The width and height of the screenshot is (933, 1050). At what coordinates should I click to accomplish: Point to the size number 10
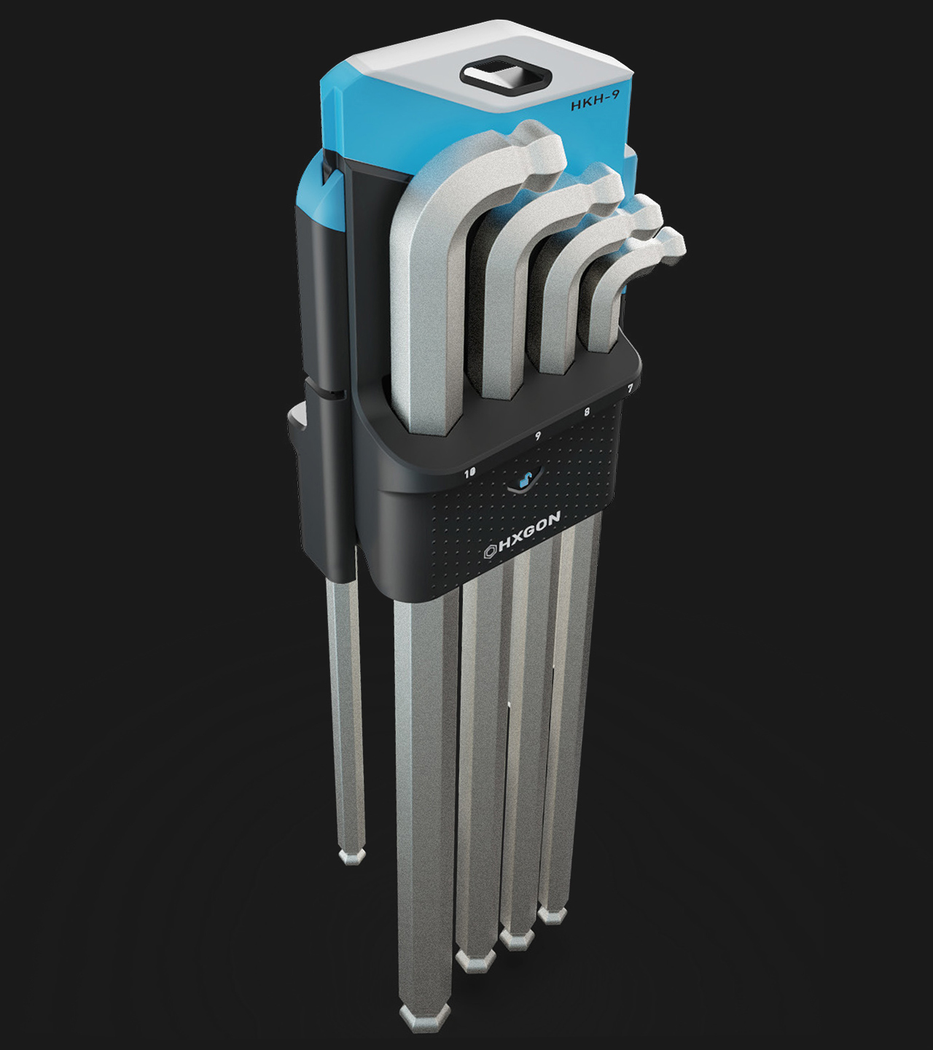pos(471,472)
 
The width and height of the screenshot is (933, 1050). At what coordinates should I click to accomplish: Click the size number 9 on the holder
pos(538,436)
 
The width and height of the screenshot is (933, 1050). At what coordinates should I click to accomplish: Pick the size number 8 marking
pos(587,412)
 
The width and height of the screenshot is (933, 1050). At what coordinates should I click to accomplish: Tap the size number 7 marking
pos(630,389)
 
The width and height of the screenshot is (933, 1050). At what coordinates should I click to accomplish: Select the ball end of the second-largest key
pos(605,185)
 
